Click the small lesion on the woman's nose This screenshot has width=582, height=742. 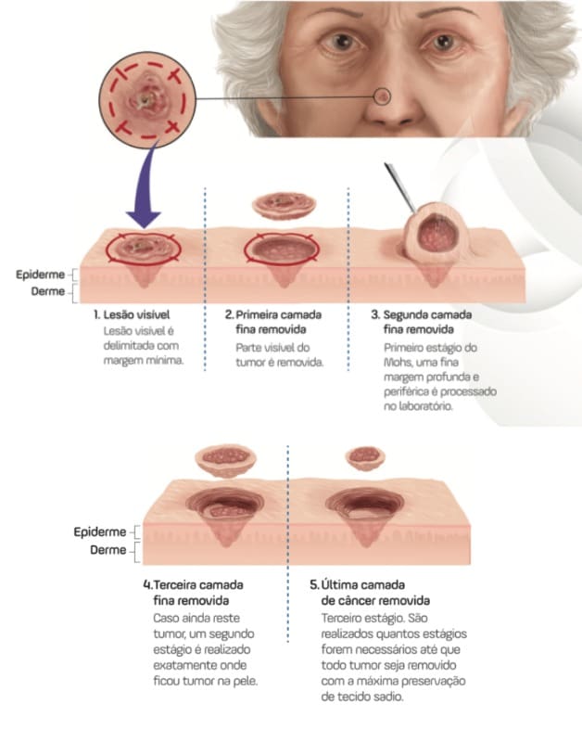[384, 95]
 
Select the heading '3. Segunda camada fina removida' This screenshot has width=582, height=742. [427, 322]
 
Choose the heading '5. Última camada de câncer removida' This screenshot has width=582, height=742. [371, 594]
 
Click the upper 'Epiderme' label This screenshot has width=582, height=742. [40, 275]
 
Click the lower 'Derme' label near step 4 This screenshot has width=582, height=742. [108, 551]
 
